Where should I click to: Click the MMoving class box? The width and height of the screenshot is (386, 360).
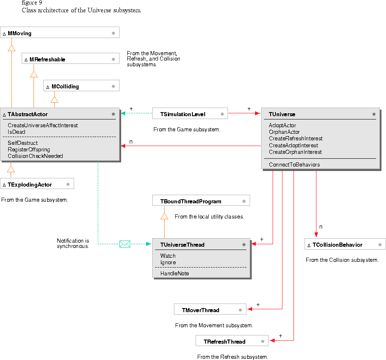coord(60,33)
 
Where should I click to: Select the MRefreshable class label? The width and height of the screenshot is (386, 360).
coord(47,59)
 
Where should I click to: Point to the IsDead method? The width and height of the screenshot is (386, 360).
coord(16,132)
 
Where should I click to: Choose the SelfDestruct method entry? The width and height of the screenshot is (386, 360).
coord(23,143)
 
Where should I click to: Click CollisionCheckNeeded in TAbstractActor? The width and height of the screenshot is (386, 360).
coord(35,156)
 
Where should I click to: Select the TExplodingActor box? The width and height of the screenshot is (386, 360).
coord(37,184)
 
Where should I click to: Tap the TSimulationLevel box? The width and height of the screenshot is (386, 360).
coord(190,114)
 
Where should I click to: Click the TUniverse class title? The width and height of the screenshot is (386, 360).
coord(282,114)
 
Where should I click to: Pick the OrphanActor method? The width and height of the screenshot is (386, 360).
coord(284,132)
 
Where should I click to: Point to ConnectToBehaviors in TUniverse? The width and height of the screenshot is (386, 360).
coord(294,164)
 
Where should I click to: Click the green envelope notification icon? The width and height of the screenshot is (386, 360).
coord(125,244)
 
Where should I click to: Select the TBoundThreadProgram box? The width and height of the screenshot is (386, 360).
coord(201,201)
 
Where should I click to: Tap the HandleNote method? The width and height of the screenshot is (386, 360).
coord(174,273)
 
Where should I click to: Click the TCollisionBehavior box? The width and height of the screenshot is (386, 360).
coord(345,245)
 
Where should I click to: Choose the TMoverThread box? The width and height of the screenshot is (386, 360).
coord(210,310)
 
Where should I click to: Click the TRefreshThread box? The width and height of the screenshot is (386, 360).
coord(232,342)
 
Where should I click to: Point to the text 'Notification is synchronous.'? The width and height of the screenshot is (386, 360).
coord(73,243)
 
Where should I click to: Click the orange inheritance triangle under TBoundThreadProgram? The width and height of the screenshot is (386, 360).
coord(165,216)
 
